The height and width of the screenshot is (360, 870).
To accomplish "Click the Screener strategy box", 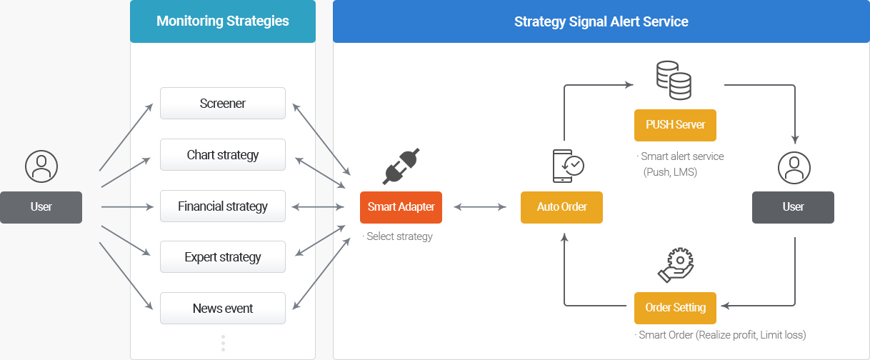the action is pos(223,104).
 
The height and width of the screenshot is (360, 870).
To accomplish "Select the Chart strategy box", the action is pos(223,154).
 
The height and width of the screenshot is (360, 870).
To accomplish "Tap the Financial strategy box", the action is pos(223,206).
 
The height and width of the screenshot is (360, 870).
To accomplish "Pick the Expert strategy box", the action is pos(223,256).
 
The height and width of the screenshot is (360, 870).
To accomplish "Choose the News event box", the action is pos(223,309).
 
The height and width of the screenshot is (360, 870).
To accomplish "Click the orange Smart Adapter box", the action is pos(401,207).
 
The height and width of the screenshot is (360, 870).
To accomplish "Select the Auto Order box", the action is pos(561,207).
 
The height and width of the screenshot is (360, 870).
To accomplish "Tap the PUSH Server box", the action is pos(675,125).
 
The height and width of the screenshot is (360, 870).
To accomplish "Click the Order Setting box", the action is pos(675,308).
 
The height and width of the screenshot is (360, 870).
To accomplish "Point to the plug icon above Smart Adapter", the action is pos(401,166).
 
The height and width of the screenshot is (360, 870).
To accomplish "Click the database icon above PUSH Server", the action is pos(674,80).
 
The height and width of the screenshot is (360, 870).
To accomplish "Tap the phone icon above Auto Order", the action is pos(568,166).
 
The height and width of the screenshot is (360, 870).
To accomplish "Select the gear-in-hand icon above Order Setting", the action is pos(676,265).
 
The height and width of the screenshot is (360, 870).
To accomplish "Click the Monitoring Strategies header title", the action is pos(223,21).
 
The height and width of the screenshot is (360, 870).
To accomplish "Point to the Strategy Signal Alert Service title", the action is pos(601,21).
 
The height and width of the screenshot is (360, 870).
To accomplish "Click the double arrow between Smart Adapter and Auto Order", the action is pos(480,207).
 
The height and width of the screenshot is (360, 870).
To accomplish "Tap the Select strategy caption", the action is pos(397,236).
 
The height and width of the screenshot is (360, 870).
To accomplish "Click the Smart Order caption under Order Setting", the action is pos(720,335).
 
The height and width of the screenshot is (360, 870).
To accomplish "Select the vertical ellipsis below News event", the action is pos(223,344).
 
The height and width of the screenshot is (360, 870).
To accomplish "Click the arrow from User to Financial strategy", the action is pos(127,207).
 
